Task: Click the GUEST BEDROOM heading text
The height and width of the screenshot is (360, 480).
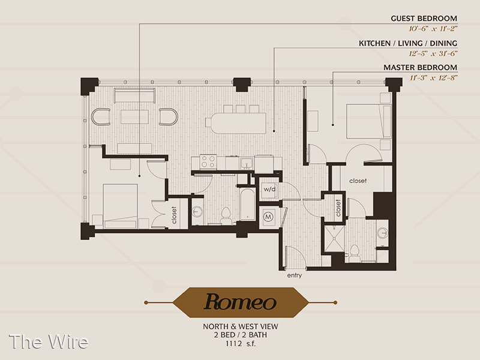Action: [x=424, y=19]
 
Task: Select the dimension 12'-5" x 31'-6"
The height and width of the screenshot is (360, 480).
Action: [x=433, y=53]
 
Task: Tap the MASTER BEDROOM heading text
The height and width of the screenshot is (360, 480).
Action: [x=421, y=67]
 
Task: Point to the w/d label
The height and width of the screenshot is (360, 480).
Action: [x=269, y=189]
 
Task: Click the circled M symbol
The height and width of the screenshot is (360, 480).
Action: [x=268, y=217]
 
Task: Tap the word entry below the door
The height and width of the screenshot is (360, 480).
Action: [x=295, y=275]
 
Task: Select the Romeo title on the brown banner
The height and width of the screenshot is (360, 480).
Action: [x=241, y=302]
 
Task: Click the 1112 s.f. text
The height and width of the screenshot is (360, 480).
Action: [x=241, y=344]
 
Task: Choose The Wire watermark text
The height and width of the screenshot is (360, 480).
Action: [x=49, y=341]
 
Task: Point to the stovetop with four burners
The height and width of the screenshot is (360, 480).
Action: [x=208, y=161]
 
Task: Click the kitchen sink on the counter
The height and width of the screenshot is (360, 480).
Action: [x=246, y=163]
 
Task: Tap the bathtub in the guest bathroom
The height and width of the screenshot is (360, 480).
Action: [x=248, y=204]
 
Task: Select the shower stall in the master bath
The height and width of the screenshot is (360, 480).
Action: [x=334, y=239]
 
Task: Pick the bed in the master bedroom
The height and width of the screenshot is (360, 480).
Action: [x=368, y=122]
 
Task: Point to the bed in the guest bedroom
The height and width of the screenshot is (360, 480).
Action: [x=120, y=206]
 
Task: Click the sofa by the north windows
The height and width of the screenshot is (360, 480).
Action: [x=134, y=95]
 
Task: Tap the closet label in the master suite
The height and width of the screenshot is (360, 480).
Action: [x=358, y=181]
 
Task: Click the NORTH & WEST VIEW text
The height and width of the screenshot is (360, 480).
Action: [x=241, y=326]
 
